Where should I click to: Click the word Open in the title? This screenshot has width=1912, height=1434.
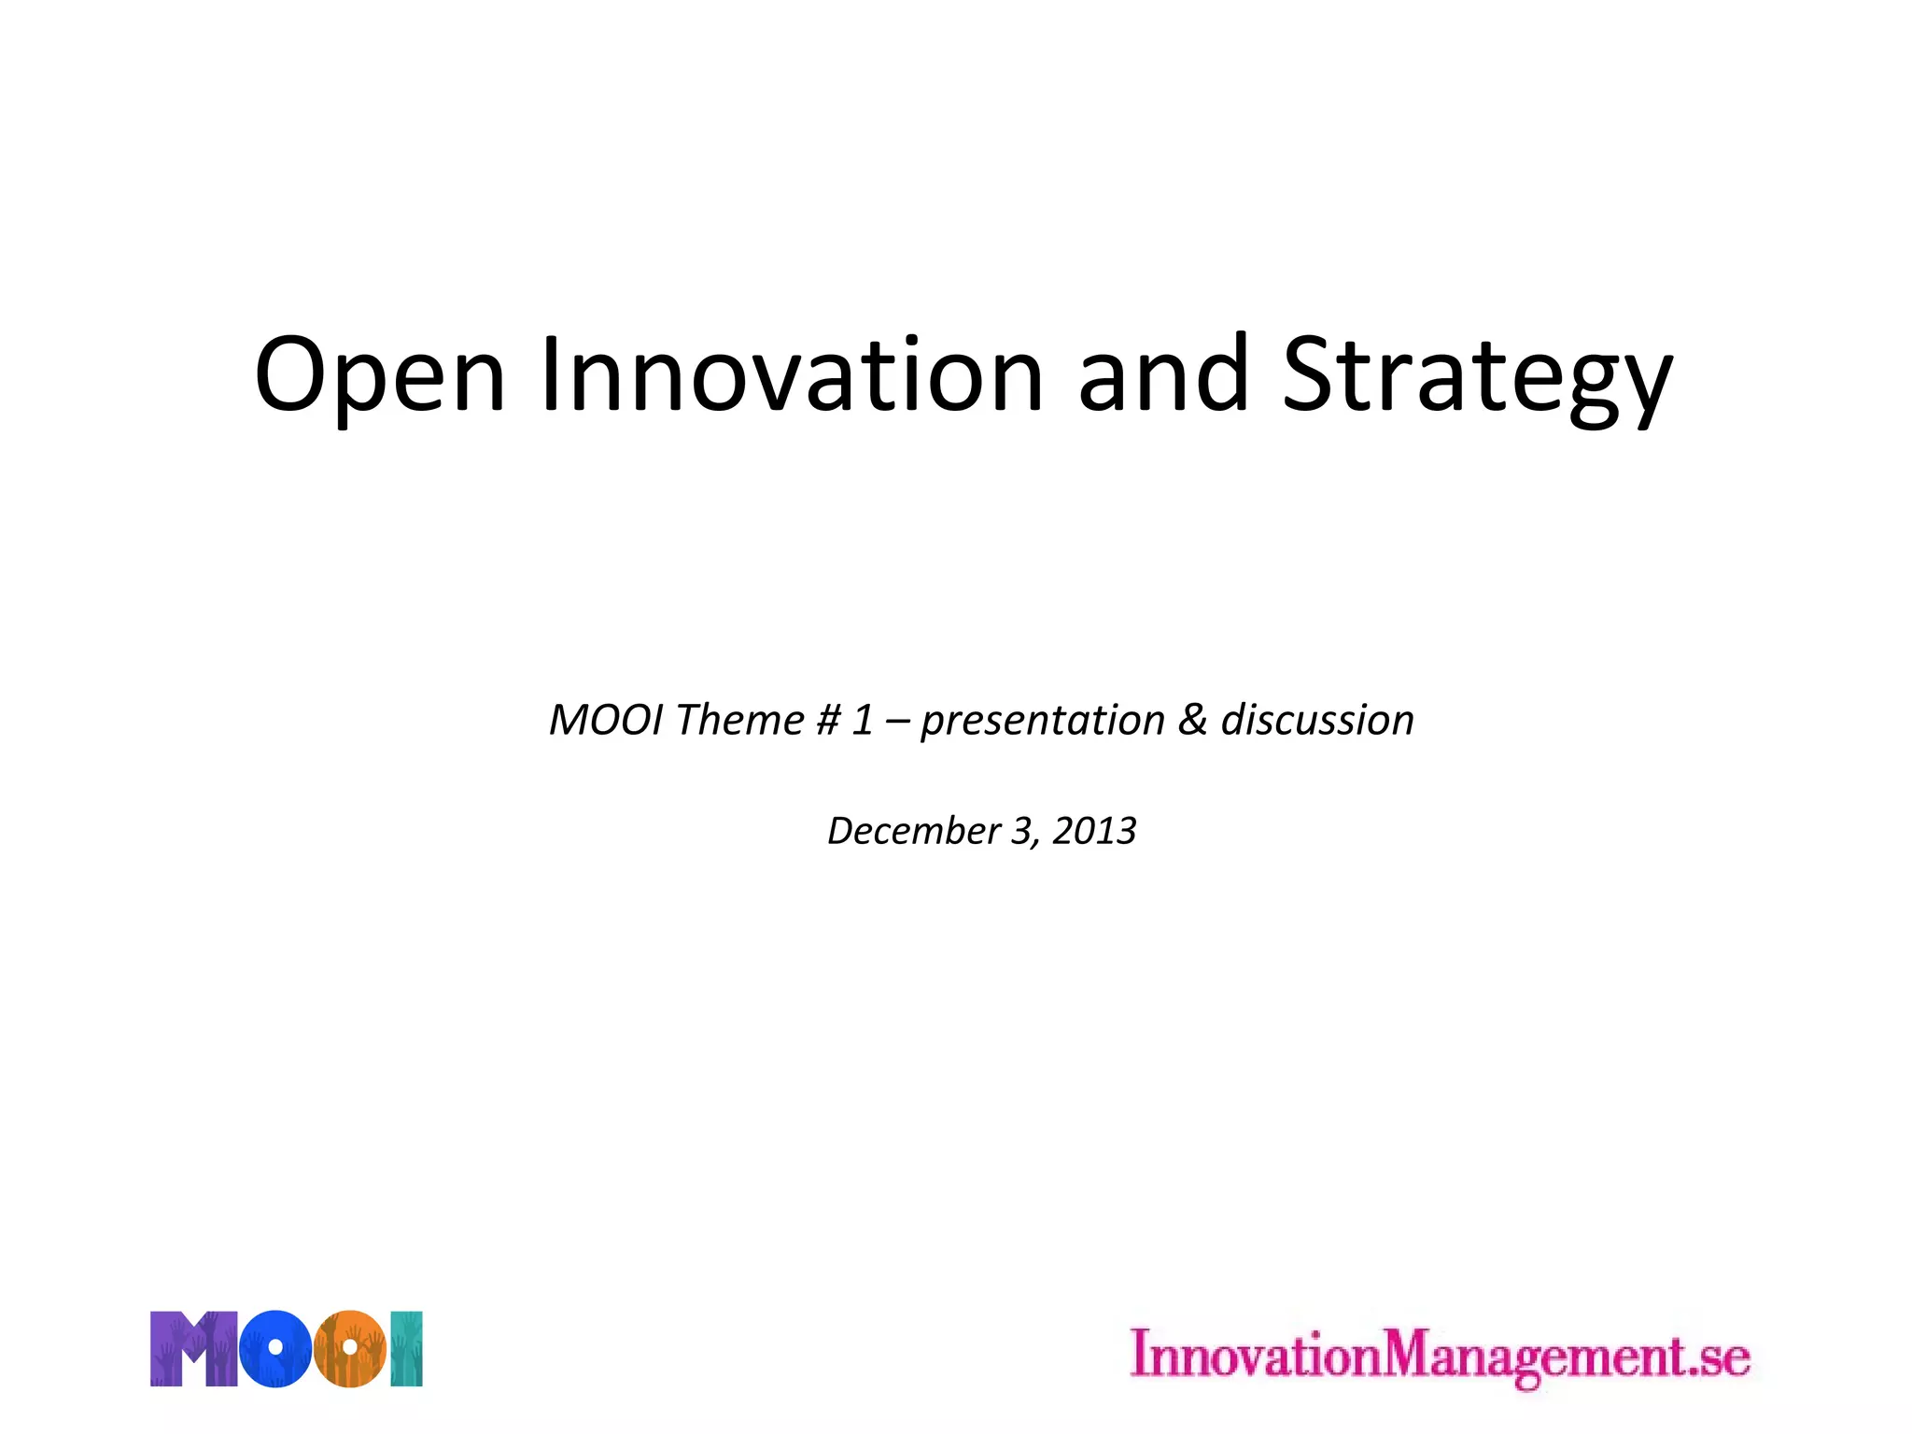tap(379, 375)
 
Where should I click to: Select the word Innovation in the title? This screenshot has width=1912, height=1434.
tap(792, 375)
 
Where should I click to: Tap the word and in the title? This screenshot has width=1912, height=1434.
tap(1163, 375)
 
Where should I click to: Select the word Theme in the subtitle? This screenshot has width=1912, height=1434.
tap(739, 721)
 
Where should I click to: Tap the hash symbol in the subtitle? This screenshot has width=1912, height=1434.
tap(828, 721)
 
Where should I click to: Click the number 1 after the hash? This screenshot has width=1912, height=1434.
tap(863, 721)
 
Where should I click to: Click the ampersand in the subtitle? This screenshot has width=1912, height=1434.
tap(1192, 721)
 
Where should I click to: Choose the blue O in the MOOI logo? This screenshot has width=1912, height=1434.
tap(274, 1349)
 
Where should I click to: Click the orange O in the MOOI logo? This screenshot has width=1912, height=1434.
tap(348, 1349)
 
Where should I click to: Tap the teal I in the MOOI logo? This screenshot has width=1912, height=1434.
tap(407, 1349)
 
